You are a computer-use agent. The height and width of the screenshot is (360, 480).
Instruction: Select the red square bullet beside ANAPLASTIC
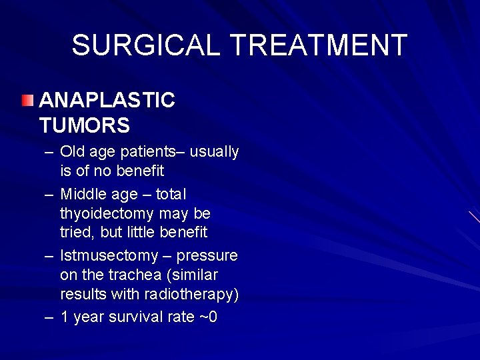tap(26, 101)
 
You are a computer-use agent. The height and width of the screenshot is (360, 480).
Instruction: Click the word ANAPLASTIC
tap(107, 101)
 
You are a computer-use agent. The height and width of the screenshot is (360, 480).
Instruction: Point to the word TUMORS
tap(85, 125)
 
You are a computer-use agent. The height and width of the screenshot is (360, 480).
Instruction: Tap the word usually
tap(215, 152)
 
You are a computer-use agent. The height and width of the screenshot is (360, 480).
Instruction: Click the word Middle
tap(82, 194)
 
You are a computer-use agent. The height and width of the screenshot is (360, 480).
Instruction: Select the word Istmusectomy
tap(109, 256)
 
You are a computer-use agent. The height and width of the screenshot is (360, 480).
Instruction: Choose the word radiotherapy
tap(199, 295)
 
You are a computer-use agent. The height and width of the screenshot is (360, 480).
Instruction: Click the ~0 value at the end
tap(209, 317)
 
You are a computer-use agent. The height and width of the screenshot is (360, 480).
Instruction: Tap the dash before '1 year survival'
tap(49, 317)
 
